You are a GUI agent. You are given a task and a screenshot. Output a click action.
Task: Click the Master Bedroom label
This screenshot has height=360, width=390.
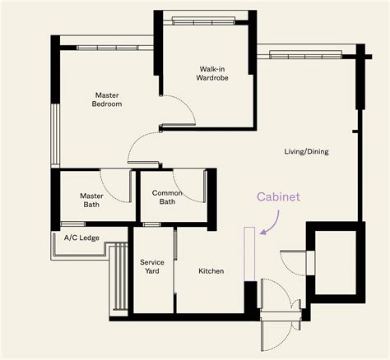(x=107, y=99)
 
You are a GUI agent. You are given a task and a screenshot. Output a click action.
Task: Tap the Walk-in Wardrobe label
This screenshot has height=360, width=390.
(x=212, y=73)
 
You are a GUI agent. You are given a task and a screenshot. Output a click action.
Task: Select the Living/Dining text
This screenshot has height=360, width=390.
(x=306, y=151)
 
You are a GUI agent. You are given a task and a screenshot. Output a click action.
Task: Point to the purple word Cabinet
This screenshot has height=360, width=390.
(x=278, y=197)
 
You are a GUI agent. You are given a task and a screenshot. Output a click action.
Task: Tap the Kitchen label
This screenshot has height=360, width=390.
(x=211, y=271)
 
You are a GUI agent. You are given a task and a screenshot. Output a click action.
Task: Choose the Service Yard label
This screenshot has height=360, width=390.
(x=152, y=266)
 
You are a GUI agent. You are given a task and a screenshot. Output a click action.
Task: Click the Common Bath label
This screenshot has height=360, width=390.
(x=167, y=197)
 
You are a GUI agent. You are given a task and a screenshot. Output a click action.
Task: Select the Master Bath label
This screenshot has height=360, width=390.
(x=91, y=201)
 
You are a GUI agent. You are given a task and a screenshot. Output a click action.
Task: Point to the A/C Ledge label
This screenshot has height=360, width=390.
(x=81, y=238)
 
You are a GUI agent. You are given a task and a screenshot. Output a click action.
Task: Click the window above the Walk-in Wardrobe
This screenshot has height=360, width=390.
(x=203, y=21)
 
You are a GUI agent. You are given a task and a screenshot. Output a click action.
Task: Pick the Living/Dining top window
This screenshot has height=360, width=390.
(x=306, y=55)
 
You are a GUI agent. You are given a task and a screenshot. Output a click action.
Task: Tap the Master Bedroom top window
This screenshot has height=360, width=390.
(x=108, y=48)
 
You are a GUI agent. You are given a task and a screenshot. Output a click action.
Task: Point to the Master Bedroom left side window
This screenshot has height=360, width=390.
(x=55, y=134)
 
